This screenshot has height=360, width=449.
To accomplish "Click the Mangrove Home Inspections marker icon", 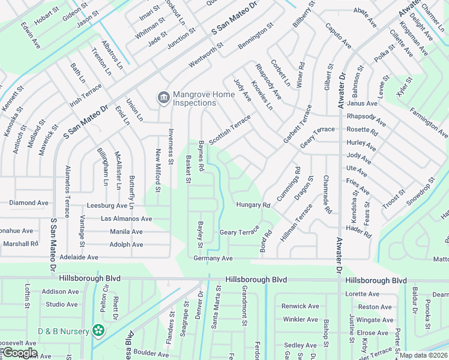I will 162,97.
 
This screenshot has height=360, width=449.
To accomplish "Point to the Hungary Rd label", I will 253,205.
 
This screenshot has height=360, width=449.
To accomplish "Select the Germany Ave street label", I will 212,258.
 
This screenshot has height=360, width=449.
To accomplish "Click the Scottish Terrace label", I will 229,126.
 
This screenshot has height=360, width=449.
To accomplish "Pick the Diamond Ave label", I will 28,203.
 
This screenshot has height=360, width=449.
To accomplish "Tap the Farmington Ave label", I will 429,122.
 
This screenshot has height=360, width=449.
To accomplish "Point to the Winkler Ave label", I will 300,319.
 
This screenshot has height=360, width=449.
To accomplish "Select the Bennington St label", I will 255,37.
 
